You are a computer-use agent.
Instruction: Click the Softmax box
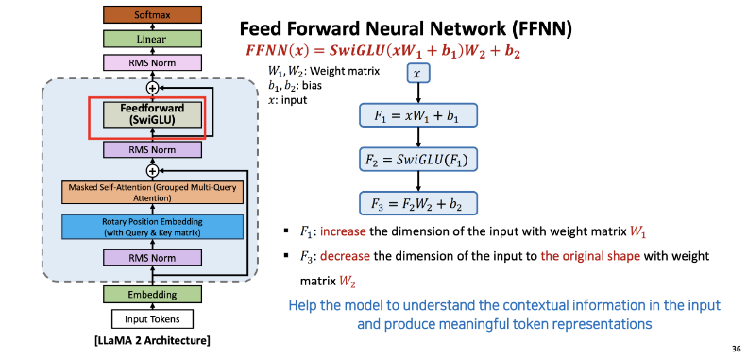point(152,15)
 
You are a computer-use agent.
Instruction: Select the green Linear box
point(152,39)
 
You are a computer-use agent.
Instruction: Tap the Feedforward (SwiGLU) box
point(152,114)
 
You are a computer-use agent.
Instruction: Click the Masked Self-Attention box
point(152,192)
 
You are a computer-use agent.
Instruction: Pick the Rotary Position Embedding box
point(152,228)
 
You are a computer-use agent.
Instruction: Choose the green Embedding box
point(152,295)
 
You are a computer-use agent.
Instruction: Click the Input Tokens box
point(152,319)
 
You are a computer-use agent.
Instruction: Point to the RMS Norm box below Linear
point(152,62)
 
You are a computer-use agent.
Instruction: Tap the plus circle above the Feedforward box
point(152,88)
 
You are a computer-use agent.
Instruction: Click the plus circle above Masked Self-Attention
point(152,170)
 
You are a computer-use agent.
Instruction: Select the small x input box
point(417,74)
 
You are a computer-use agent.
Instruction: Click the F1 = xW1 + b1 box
point(417,115)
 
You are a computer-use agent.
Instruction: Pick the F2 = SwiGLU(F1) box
point(417,160)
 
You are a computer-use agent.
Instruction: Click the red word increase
point(343,232)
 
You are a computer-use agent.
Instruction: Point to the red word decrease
point(345,256)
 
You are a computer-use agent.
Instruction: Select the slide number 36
point(736,349)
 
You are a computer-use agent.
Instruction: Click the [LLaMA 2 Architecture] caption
point(152,341)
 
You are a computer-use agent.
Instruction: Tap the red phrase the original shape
point(590,256)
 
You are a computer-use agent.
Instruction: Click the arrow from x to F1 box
point(417,93)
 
